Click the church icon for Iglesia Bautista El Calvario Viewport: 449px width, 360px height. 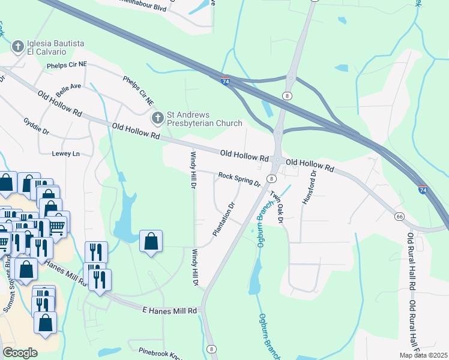(18, 46)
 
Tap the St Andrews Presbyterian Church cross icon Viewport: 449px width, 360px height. (157, 118)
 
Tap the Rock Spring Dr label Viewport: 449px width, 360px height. (239, 178)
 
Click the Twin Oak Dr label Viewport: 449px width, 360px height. (276, 206)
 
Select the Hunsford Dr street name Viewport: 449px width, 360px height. (309, 188)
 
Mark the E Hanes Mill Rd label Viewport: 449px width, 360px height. (170, 310)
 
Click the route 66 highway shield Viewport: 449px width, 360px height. (399, 216)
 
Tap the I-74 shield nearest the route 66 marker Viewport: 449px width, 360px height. (423, 189)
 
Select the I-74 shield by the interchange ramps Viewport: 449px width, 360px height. (225, 79)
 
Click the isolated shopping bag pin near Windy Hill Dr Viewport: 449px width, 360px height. (151, 242)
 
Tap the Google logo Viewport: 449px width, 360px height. (20, 352)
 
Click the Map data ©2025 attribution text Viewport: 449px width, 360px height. (423, 355)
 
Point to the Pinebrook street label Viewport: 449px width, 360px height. (159, 353)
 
